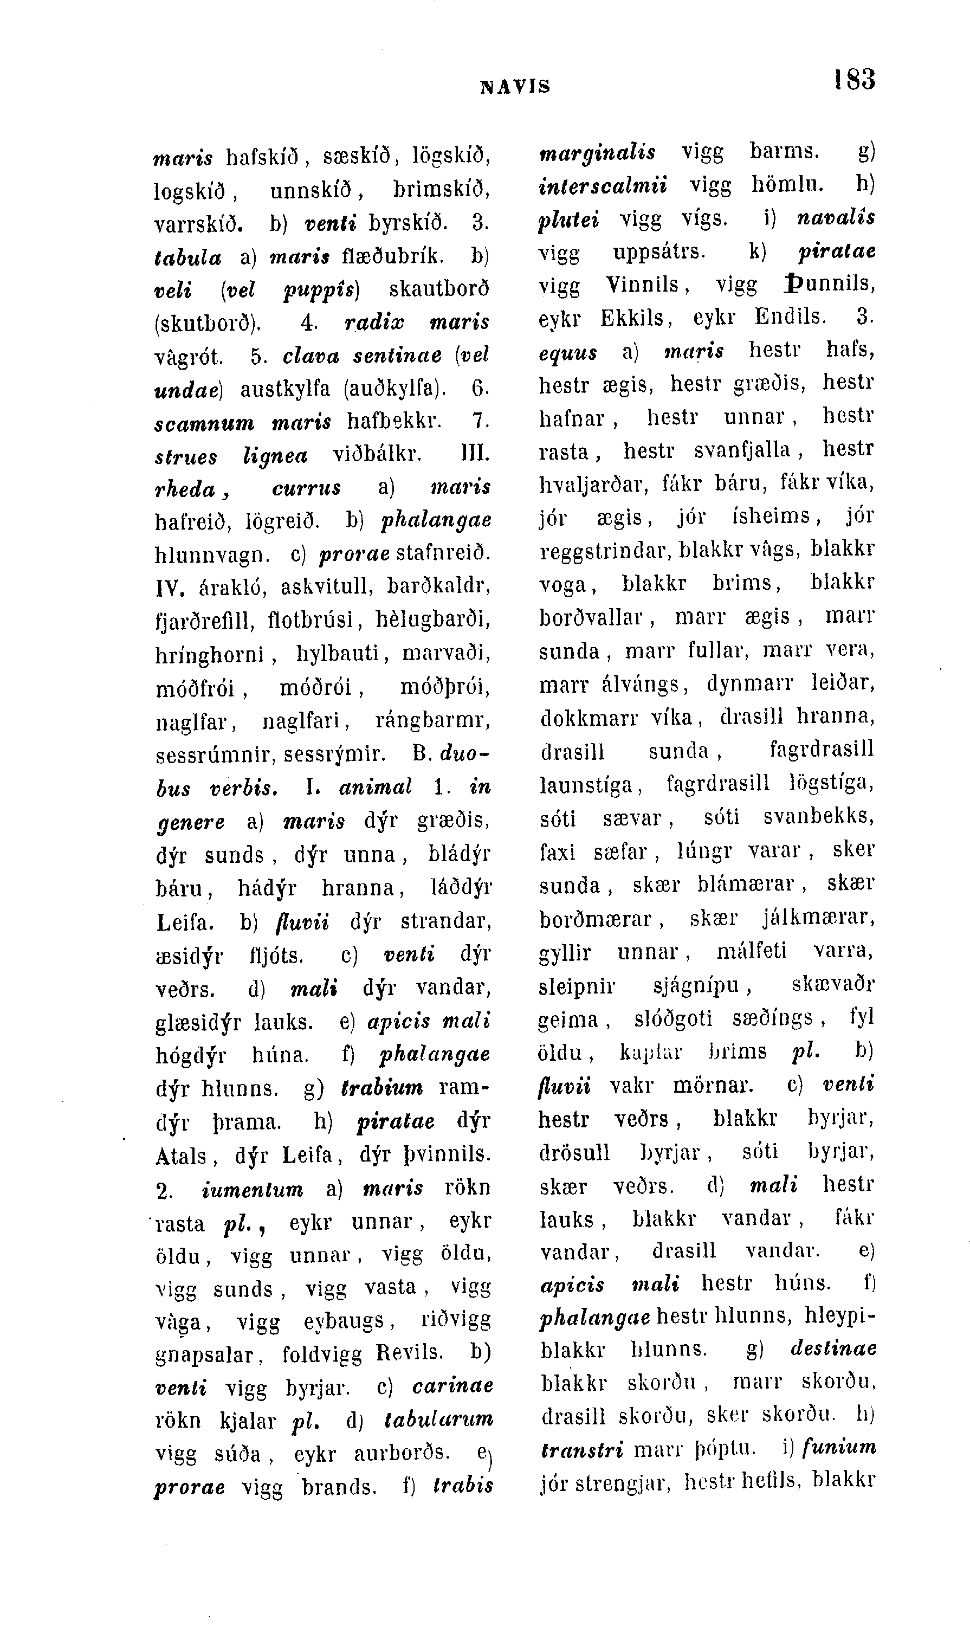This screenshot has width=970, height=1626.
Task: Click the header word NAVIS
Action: [515, 86]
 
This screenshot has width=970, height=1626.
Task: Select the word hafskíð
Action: [261, 158]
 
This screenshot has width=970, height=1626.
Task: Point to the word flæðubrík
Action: [393, 256]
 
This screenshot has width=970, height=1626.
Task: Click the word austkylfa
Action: [285, 389]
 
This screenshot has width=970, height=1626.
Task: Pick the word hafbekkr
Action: [393, 422]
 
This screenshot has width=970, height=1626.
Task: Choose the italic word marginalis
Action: [597, 152]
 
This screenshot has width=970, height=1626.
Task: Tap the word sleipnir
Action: [577, 985]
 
